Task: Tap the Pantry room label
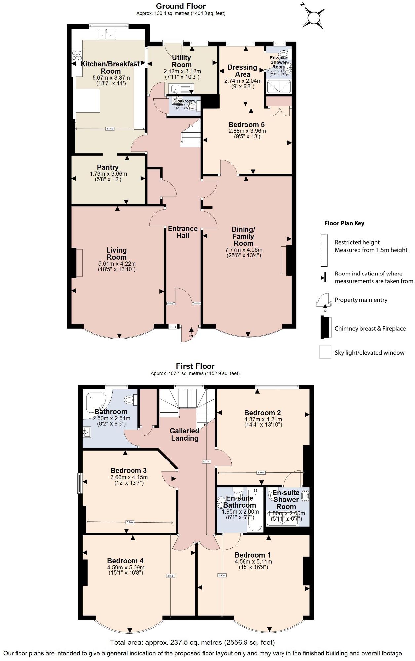(108, 167)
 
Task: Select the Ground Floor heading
(181, 6)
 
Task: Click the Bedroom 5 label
(246, 125)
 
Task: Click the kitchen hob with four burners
(77, 55)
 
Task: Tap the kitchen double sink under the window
(106, 34)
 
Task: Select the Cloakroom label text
(184, 101)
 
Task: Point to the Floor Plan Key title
(344, 223)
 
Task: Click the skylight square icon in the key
(325, 352)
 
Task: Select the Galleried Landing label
(184, 435)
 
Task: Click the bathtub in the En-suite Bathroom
(255, 510)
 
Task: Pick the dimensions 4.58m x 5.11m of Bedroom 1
(253, 562)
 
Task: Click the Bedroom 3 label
(129, 470)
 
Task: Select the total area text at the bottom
(192, 643)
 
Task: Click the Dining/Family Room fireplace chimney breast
(289, 260)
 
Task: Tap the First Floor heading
(195, 366)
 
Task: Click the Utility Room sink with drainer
(181, 89)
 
